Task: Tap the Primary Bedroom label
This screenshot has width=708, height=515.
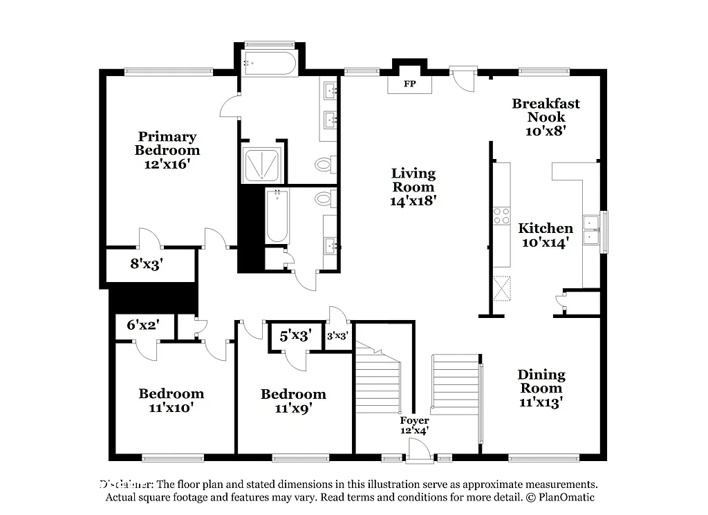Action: (167, 143)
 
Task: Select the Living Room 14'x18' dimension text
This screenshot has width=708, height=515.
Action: (413, 200)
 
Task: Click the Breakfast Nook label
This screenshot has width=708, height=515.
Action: (546, 110)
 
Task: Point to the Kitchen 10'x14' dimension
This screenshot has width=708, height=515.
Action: (546, 242)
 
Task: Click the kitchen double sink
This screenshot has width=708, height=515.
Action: (591, 230)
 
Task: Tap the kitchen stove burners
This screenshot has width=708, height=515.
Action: (501, 216)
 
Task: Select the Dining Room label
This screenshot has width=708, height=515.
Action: (541, 381)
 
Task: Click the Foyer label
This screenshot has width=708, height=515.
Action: (414, 420)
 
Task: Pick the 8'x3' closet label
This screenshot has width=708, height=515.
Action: (146, 263)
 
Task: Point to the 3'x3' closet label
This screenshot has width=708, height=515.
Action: (337, 336)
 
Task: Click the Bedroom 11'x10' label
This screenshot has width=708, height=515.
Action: (171, 400)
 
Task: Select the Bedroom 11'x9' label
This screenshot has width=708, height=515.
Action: (293, 401)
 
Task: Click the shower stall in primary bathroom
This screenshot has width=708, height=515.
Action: (261, 164)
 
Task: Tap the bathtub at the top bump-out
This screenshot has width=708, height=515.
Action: (270, 64)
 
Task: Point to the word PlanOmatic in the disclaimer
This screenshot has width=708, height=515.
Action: (563, 497)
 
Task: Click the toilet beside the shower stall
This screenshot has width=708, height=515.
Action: (323, 165)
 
